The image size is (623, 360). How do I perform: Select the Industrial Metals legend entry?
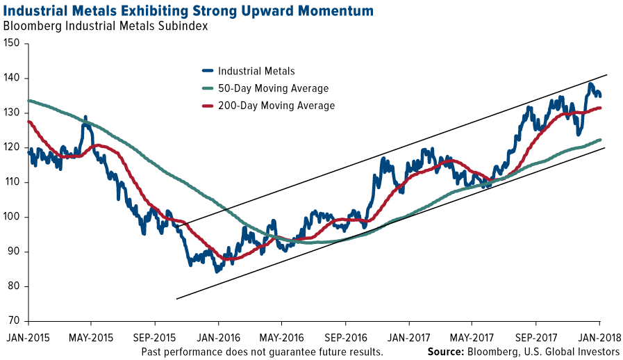pyautogui.click(x=256, y=71)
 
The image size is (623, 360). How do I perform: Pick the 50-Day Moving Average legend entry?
pyautogui.click(x=273, y=88)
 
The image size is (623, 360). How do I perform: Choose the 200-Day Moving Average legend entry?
pyautogui.click(x=276, y=106)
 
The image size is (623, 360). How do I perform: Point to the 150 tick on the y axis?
pyautogui.click(x=12, y=44)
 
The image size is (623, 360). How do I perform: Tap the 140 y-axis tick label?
pyautogui.click(x=12, y=79)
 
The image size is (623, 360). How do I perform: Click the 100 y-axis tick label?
pyautogui.click(x=12, y=217)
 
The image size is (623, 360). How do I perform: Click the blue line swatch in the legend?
pyautogui.click(x=207, y=71)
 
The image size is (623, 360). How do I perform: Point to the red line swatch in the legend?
pyautogui.click(x=207, y=106)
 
